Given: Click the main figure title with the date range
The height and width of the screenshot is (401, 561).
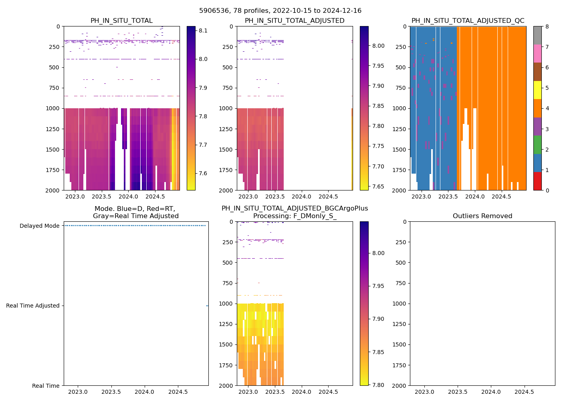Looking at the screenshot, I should [280, 11].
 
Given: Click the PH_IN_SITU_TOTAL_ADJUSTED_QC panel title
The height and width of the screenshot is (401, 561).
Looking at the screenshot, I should [468, 21].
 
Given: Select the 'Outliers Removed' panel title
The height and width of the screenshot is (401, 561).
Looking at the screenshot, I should [482, 216].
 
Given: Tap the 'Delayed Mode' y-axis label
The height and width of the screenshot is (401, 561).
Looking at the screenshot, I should [39, 226].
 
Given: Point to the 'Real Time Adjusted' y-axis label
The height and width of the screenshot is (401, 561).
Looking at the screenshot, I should [32, 306].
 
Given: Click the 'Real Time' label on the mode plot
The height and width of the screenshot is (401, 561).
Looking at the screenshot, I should [46, 386].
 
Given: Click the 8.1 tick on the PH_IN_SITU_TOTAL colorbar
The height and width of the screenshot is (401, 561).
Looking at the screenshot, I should [203, 30].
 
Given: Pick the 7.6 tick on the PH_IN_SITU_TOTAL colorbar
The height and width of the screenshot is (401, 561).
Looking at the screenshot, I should [203, 173].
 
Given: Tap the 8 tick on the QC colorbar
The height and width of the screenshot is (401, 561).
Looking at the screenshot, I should [547, 26].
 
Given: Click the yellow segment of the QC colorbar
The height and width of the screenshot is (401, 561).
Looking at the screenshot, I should [537, 90].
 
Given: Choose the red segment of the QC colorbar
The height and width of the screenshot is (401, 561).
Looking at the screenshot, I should [537, 181].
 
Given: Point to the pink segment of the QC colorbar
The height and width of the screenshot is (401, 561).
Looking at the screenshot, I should [537, 53].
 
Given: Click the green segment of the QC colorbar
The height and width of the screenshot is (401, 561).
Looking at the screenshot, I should [537, 144].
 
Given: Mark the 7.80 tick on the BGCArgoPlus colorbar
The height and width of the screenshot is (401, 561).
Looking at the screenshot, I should [378, 385].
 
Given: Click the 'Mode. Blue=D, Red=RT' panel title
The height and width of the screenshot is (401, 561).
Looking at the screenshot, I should [135, 213].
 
